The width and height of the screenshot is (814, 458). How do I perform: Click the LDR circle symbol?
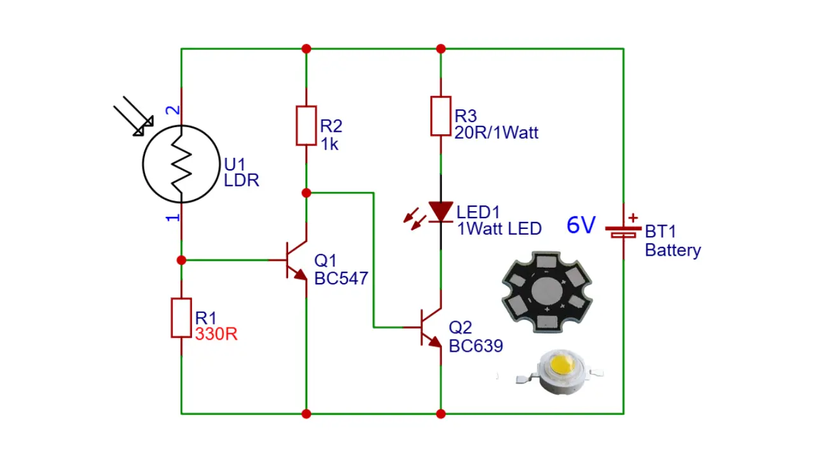coord(143,164)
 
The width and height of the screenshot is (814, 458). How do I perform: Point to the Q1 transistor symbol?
coord(296,260)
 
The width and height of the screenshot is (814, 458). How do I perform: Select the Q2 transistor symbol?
coord(431,327)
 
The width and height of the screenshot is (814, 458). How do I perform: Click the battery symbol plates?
coord(624,232)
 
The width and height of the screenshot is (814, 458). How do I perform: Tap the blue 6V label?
coord(581,225)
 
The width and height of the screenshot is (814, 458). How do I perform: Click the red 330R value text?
coord(216,334)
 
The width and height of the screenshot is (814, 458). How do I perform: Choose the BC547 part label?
coord(341,279)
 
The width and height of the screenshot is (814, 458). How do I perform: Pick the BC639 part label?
coord(476,345)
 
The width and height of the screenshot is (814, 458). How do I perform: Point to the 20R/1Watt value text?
coord(496,132)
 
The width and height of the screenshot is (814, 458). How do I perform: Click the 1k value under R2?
coord(329,144)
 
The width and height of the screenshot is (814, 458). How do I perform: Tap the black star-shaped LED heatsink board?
coord(548,292)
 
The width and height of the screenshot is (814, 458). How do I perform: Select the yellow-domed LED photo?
coord(560,371)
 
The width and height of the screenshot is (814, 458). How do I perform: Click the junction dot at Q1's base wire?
coord(181,260)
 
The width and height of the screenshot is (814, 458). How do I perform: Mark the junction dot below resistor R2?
coord(307,193)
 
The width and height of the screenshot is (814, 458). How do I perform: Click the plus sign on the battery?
coord(633,218)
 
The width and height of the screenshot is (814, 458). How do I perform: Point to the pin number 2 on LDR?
coord(172,110)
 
